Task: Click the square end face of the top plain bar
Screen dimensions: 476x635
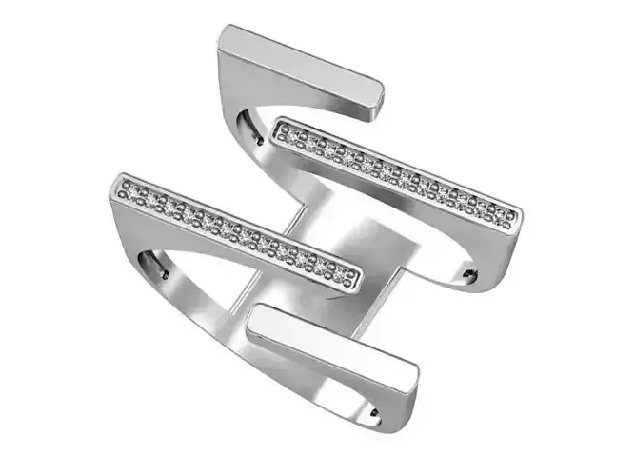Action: pos(372,95)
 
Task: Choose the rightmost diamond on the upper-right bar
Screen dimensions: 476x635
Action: pos(508,217)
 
